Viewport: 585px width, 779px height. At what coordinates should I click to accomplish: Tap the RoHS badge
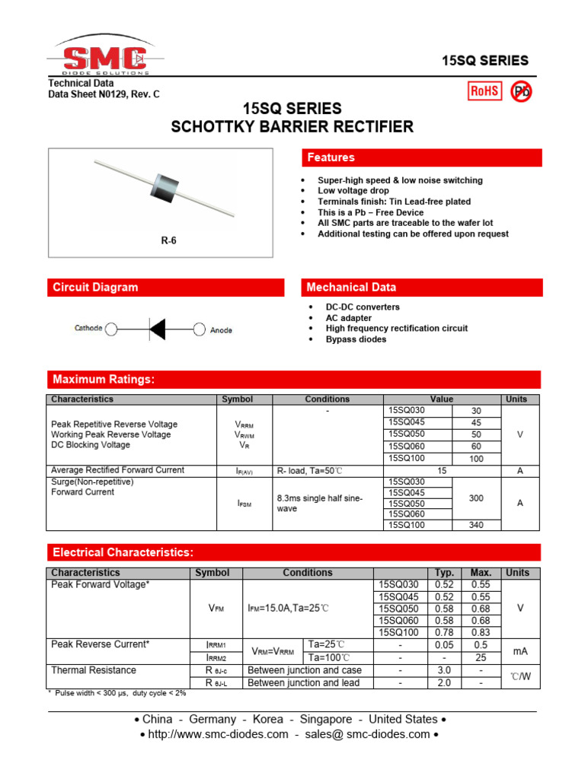coord(484,91)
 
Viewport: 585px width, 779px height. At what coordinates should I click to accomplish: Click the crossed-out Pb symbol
coord(522,91)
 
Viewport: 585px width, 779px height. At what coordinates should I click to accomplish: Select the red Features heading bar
coord(422,157)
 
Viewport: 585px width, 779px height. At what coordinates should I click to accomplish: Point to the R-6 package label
coord(168,240)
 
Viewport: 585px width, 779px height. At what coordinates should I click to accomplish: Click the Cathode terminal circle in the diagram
coord(111,329)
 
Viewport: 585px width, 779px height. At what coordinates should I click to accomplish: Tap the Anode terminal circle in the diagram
coord(200,329)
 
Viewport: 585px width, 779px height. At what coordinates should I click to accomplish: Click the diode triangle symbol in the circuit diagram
coord(157,329)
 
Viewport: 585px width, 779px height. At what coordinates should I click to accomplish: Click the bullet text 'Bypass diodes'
coord(356,339)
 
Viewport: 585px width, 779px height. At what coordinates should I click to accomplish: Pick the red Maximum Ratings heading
coord(293,380)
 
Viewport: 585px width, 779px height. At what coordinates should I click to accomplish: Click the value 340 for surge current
coord(476,524)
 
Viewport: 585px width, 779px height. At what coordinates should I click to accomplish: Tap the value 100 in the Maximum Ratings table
coord(476,459)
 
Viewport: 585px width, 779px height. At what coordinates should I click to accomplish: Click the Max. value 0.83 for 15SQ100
coord(481,633)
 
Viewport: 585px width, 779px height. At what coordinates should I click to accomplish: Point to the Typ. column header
coord(444,573)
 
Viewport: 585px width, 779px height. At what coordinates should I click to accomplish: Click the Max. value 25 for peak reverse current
coord(481,657)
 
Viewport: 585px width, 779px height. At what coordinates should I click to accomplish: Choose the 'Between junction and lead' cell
coord(304,683)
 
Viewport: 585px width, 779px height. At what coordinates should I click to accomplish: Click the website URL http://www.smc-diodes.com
coord(214,734)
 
